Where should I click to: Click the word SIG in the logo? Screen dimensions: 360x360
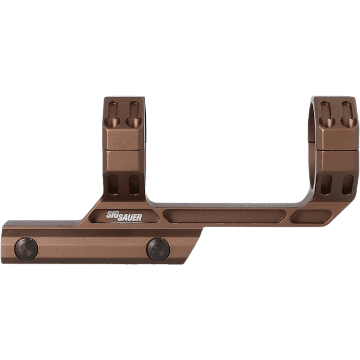tap(112, 214)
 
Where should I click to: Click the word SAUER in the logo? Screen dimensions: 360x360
tap(130, 217)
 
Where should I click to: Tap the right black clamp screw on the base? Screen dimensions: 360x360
tap(158, 248)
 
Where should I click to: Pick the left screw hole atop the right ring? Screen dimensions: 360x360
tap(325, 113)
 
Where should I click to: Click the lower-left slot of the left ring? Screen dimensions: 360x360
tap(113, 184)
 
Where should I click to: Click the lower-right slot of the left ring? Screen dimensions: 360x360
tap(134, 184)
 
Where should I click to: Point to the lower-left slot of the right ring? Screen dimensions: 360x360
tap(326, 184)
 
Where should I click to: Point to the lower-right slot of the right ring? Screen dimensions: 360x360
tap(347, 184)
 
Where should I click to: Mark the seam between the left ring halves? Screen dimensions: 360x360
tap(124, 150)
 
